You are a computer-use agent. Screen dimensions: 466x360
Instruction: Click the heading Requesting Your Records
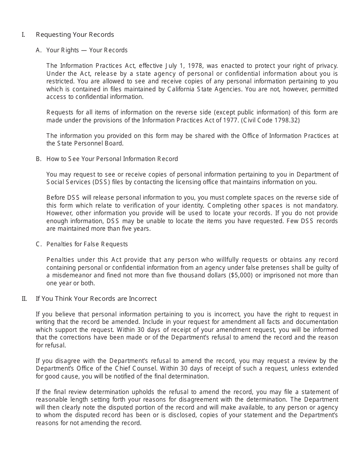[x=75, y=34]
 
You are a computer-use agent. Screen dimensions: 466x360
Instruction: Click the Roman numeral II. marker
[x=24, y=299]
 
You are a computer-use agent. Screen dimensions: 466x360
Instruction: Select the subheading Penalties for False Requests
[x=87, y=244]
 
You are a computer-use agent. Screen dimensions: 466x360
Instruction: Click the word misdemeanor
[x=70, y=275]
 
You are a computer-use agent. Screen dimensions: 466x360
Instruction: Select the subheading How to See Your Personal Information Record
[x=112, y=159]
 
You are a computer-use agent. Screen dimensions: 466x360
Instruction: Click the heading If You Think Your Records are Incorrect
[x=96, y=299]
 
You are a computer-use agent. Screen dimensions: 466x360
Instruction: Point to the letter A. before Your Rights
[x=38, y=50]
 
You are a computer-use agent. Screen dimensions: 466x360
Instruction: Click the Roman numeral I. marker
[x=23, y=34]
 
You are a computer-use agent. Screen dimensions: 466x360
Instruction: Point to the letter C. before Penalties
[x=38, y=244]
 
